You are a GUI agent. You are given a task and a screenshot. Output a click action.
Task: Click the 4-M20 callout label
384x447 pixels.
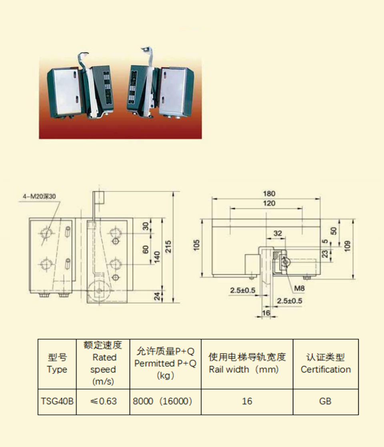point(39,196)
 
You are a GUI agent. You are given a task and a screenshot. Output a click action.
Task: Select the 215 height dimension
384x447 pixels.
point(168,247)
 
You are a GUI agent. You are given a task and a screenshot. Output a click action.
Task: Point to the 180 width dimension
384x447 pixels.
point(269,194)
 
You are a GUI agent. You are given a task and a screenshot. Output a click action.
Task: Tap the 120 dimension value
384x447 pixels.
point(269,203)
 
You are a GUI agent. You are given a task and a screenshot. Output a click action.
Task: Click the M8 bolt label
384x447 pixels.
point(299,289)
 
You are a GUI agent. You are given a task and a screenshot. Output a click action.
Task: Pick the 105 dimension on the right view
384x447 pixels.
point(197,245)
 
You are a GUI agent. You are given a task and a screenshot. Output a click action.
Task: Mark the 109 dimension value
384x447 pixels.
point(347,246)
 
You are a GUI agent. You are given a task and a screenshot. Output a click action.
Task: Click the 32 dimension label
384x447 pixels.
point(278,233)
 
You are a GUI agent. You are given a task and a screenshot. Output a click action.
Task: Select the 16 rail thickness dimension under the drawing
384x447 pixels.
point(266,313)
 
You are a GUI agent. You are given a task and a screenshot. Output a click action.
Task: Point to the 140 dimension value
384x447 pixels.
point(157,257)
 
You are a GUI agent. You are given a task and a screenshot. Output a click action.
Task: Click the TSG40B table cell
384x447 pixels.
point(57,401)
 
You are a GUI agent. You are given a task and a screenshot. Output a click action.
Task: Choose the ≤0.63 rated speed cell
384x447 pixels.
point(103,401)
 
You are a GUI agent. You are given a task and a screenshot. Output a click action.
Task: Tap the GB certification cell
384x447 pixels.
point(326,401)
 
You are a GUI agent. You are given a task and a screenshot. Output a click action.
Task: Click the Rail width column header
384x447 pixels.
point(247,363)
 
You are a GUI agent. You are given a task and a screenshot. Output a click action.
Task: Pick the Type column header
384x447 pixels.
point(57,363)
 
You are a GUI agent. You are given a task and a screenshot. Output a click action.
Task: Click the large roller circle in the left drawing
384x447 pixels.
point(99,291)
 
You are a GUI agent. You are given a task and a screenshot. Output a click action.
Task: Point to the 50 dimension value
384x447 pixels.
point(334,231)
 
